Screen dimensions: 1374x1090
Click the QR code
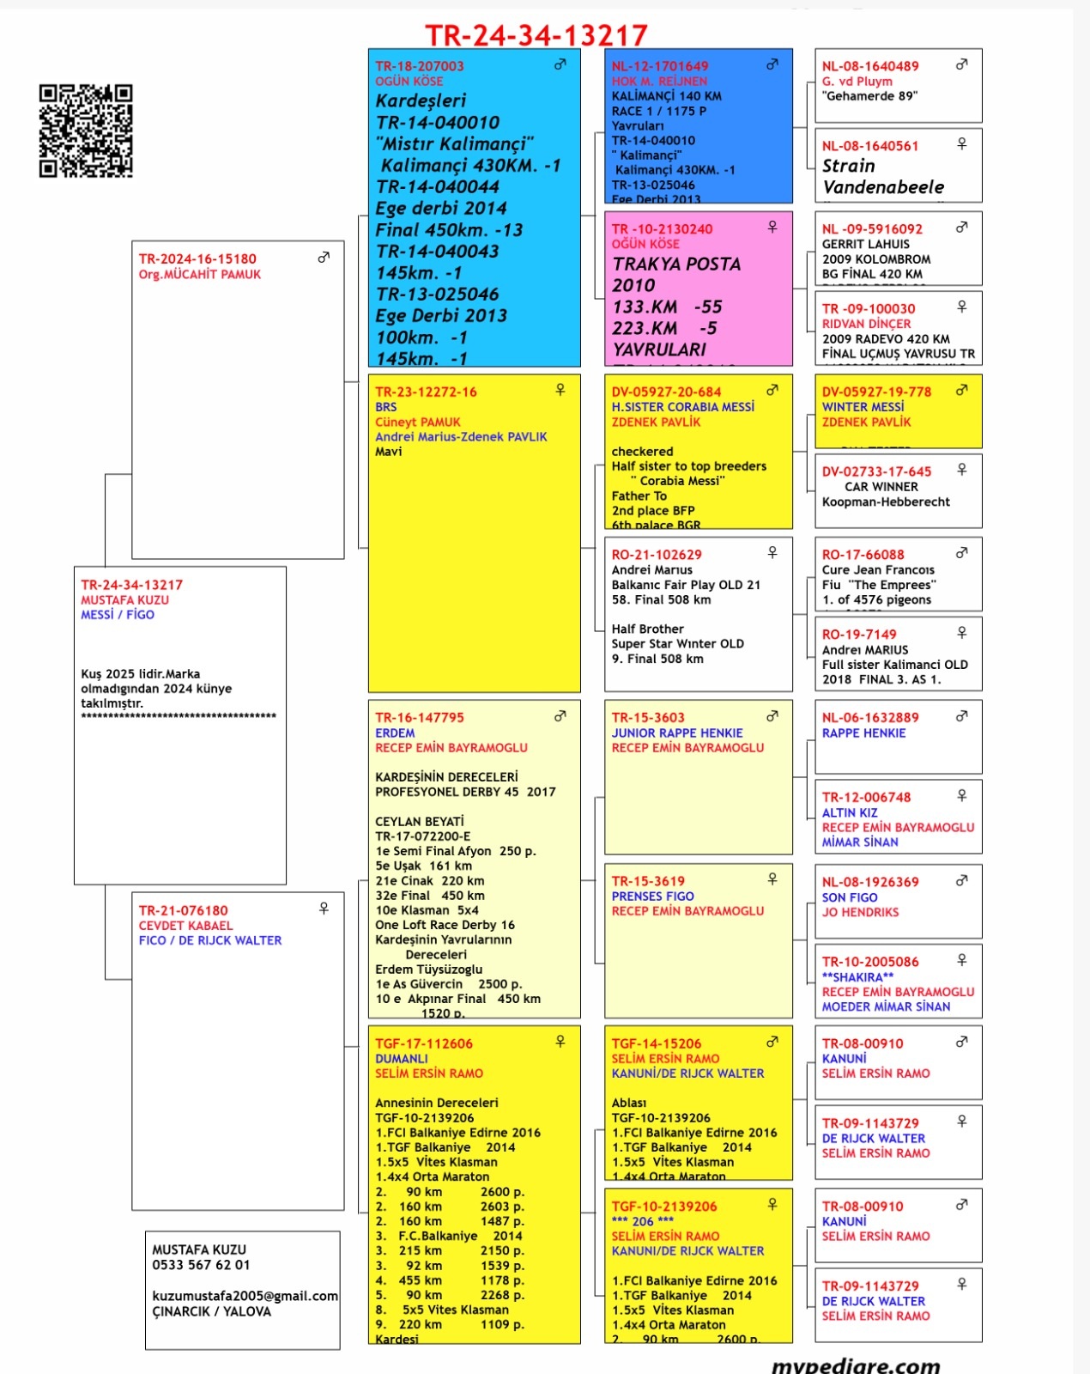click(86, 131)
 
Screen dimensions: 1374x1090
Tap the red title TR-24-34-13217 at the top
click(536, 34)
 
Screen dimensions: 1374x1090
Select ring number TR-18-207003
click(420, 66)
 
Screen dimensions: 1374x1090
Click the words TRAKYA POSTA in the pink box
click(676, 264)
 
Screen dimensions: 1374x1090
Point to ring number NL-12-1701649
click(660, 66)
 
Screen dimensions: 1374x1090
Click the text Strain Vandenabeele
click(882, 176)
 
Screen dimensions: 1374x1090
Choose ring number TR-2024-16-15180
click(197, 258)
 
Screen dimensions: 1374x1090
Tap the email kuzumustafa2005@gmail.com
click(245, 1296)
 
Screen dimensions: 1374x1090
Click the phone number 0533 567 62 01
click(201, 1265)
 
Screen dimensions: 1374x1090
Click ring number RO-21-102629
click(657, 555)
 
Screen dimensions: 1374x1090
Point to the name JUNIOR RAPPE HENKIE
click(677, 733)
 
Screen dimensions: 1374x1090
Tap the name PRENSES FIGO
click(652, 896)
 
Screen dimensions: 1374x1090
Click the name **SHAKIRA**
click(857, 976)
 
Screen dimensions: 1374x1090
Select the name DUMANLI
click(401, 1059)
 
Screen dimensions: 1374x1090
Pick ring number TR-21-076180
click(184, 910)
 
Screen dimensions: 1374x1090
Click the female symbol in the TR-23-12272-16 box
click(560, 390)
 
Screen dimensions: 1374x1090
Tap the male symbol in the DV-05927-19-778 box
click(962, 390)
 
